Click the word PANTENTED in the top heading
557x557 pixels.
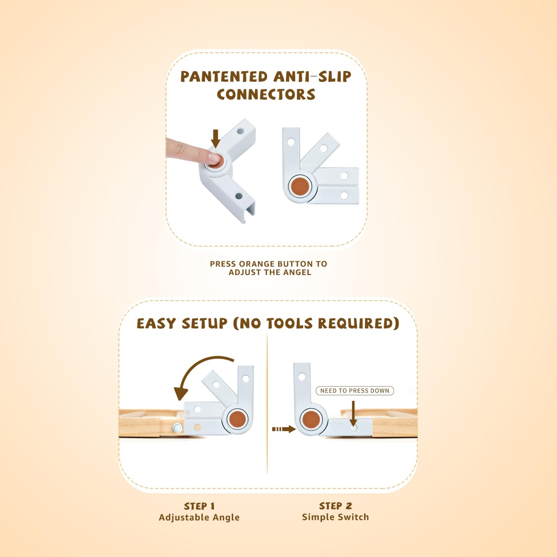(224, 77)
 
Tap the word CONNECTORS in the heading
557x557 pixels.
(266, 95)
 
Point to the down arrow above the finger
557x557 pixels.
(215, 138)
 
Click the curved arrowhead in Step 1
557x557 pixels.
(180, 394)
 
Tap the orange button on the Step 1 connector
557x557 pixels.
(237, 419)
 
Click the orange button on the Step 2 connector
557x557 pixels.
(311, 419)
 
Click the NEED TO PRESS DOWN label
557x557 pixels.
(355, 390)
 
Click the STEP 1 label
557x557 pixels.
(199, 506)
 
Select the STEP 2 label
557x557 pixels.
(335, 506)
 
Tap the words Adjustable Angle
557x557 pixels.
(199, 517)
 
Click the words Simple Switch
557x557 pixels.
(335, 517)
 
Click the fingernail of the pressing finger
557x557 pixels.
(213, 157)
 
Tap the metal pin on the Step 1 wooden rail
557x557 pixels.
(177, 427)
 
